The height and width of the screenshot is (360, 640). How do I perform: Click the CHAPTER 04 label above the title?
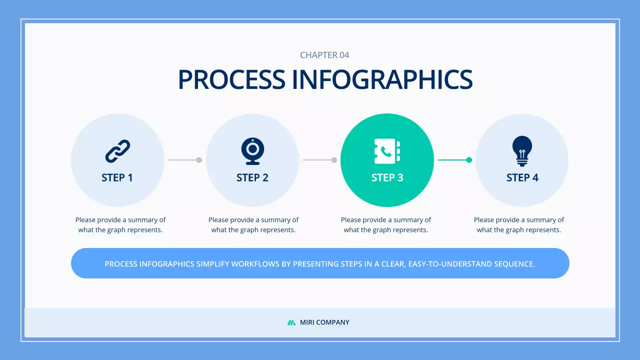324,55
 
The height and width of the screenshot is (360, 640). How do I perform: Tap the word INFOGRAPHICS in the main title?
382,80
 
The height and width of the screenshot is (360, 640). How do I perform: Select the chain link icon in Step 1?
117,151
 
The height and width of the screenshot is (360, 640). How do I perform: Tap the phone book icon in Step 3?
387,151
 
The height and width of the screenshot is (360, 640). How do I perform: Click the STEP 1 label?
117,178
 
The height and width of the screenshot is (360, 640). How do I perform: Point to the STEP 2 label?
252,178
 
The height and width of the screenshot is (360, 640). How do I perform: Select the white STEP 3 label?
387,178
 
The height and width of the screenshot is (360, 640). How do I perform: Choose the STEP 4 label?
522,178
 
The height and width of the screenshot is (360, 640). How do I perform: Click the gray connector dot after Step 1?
199,160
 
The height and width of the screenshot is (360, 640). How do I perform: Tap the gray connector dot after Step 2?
334,160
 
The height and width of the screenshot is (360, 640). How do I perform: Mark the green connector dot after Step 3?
469,160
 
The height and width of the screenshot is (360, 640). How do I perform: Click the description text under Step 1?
120,225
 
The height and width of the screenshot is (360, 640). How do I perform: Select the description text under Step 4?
519,225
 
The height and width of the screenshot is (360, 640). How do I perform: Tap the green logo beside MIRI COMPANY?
291,322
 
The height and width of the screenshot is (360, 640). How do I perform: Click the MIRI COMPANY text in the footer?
324,322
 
